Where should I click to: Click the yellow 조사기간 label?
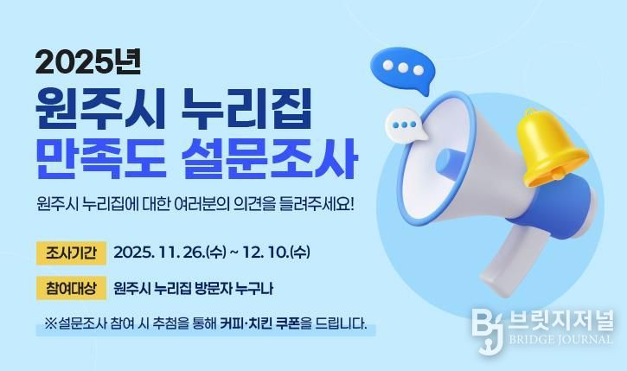point(71,253)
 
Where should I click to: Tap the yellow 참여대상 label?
point(71,287)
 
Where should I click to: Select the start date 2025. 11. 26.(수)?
point(168,253)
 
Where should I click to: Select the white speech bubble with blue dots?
point(406,125)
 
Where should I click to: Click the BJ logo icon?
point(488,326)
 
